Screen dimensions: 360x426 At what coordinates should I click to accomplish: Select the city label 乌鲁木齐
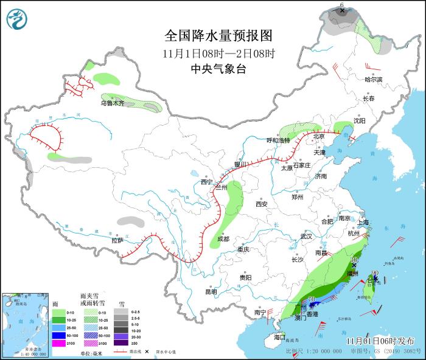click(113, 103)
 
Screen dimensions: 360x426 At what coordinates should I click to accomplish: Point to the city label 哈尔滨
click(373, 80)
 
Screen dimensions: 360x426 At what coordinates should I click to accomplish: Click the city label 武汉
click(306, 236)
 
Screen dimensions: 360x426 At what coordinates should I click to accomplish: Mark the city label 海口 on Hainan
click(279, 336)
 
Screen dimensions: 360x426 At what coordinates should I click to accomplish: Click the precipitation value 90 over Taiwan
click(375, 273)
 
